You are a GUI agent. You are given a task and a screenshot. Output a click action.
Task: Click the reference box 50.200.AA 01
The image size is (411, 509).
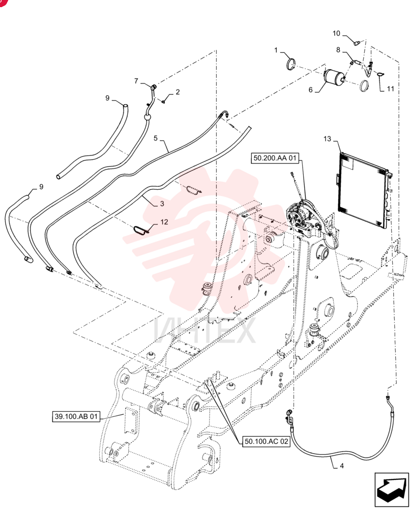[x=275, y=158]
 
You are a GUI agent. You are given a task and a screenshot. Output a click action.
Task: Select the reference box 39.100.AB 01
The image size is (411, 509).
[x=76, y=416]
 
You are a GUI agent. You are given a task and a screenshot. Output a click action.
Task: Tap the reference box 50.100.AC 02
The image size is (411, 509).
[x=266, y=441]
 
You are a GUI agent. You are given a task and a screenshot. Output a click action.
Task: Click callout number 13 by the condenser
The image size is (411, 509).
[x=327, y=139]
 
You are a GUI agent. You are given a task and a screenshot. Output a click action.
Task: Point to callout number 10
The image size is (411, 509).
[x=336, y=34]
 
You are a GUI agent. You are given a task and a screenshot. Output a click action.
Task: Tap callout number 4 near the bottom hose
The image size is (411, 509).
[x=342, y=466]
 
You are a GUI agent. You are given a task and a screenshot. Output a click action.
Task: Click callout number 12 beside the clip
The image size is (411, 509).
[x=164, y=222]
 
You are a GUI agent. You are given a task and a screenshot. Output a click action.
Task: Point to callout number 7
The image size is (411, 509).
[x=136, y=81]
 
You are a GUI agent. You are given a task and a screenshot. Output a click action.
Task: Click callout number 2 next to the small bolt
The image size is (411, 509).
[x=178, y=92]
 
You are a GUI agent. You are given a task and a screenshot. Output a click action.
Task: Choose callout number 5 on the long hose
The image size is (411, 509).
[x=156, y=138]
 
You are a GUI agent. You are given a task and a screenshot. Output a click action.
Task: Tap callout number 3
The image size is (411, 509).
[x=162, y=204]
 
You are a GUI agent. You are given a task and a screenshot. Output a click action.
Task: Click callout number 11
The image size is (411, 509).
[x=390, y=89]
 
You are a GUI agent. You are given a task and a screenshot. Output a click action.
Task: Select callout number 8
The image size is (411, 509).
[x=338, y=50]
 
